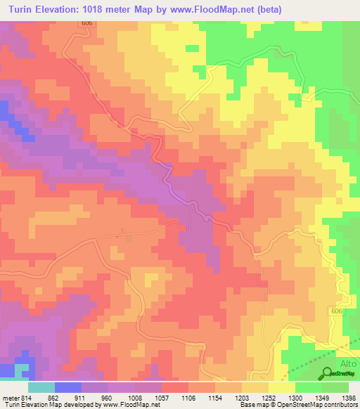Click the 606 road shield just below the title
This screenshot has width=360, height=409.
[86, 24]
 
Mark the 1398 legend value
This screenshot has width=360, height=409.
[346, 396]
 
